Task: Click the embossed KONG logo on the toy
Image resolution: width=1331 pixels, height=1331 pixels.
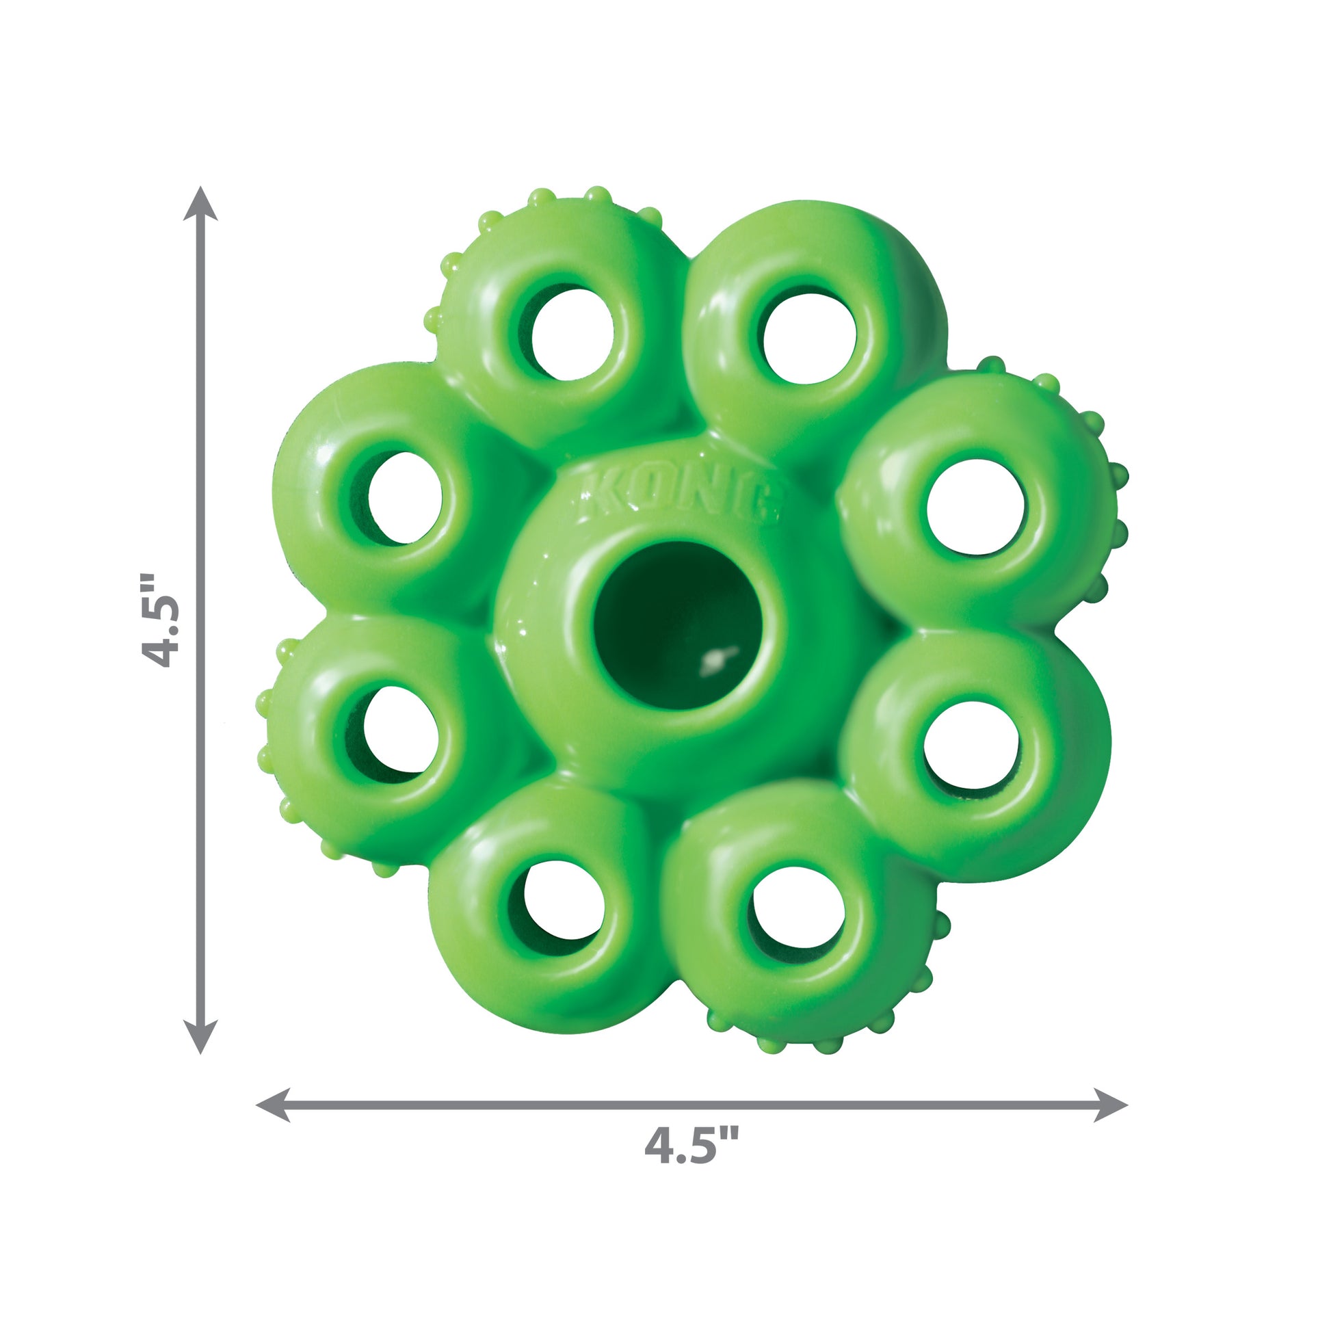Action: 678,495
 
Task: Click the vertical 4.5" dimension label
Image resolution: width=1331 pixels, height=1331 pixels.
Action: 160,620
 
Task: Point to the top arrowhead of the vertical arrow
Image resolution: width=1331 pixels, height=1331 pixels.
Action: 200,201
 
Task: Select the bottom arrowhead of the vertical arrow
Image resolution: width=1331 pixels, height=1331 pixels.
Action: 200,1038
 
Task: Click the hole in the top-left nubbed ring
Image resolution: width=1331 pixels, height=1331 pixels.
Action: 572,334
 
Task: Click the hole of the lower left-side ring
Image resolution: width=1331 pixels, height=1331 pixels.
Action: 400,730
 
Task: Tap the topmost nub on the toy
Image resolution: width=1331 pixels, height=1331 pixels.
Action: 598,194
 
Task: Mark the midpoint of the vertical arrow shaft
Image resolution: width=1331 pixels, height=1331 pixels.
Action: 200,620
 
